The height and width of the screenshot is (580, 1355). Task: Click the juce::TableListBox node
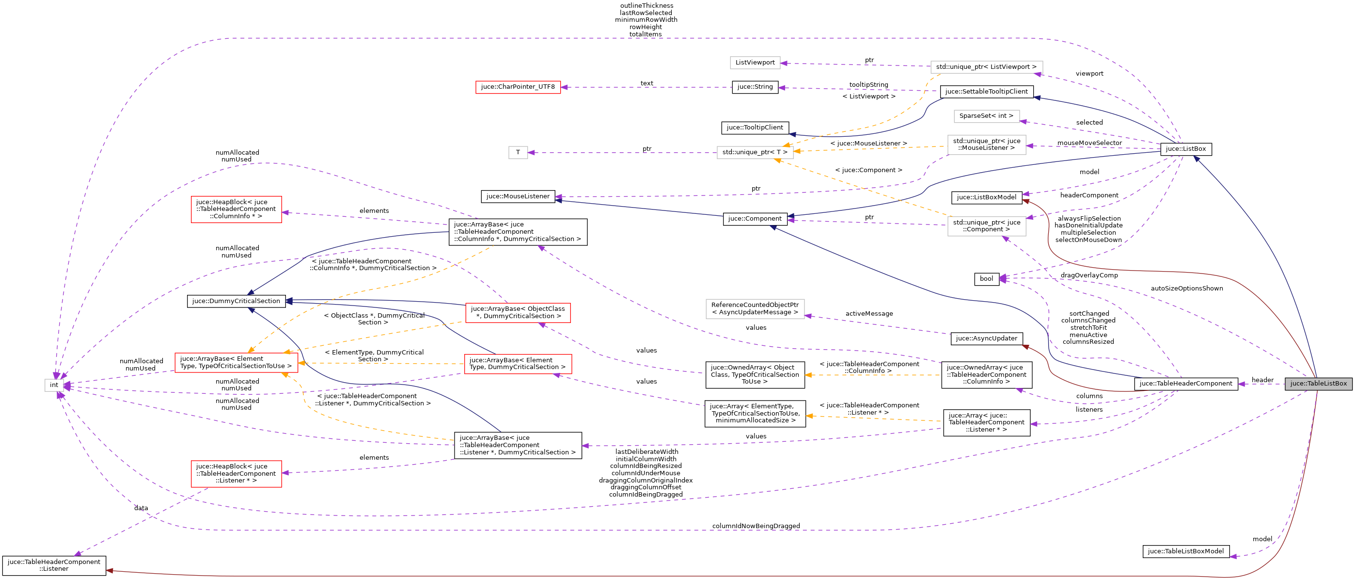[x=1318, y=384]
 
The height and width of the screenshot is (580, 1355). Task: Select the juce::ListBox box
[x=1185, y=149]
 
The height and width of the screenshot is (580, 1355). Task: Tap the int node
[x=54, y=385]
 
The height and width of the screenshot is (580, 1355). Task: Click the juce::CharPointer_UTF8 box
[x=518, y=87]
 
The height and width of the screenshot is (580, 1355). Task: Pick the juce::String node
[x=755, y=87]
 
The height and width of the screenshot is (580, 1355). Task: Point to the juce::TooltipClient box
[x=755, y=128]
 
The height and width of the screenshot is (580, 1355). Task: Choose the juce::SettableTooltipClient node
[x=986, y=92]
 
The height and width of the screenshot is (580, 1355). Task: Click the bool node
[x=986, y=279]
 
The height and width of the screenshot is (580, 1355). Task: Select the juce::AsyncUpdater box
[x=986, y=338]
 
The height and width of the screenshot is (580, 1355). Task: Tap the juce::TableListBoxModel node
[x=1185, y=551]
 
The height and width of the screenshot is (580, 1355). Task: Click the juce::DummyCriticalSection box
[x=236, y=301]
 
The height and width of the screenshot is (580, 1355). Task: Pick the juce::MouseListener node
[x=518, y=196]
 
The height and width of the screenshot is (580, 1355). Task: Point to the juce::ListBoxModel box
[x=986, y=197]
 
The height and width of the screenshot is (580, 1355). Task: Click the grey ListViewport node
[x=755, y=63]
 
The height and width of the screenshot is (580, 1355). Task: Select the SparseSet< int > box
[x=986, y=116]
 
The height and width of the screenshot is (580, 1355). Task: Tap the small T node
[x=518, y=153]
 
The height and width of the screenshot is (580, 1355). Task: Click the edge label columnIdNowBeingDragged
[x=756, y=526]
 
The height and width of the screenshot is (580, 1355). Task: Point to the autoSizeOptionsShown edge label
[x=1187, y=289]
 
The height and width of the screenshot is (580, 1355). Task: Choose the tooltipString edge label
[x=868, y=85]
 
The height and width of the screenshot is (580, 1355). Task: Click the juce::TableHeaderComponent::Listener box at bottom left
[x=54, y=565]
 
